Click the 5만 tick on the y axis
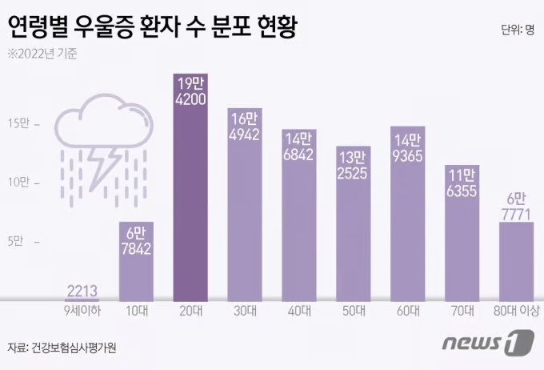(x=18, y=241)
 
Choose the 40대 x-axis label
(x=298, y=312)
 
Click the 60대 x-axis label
(x=407, y=312)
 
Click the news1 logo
(x=487, y=344)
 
